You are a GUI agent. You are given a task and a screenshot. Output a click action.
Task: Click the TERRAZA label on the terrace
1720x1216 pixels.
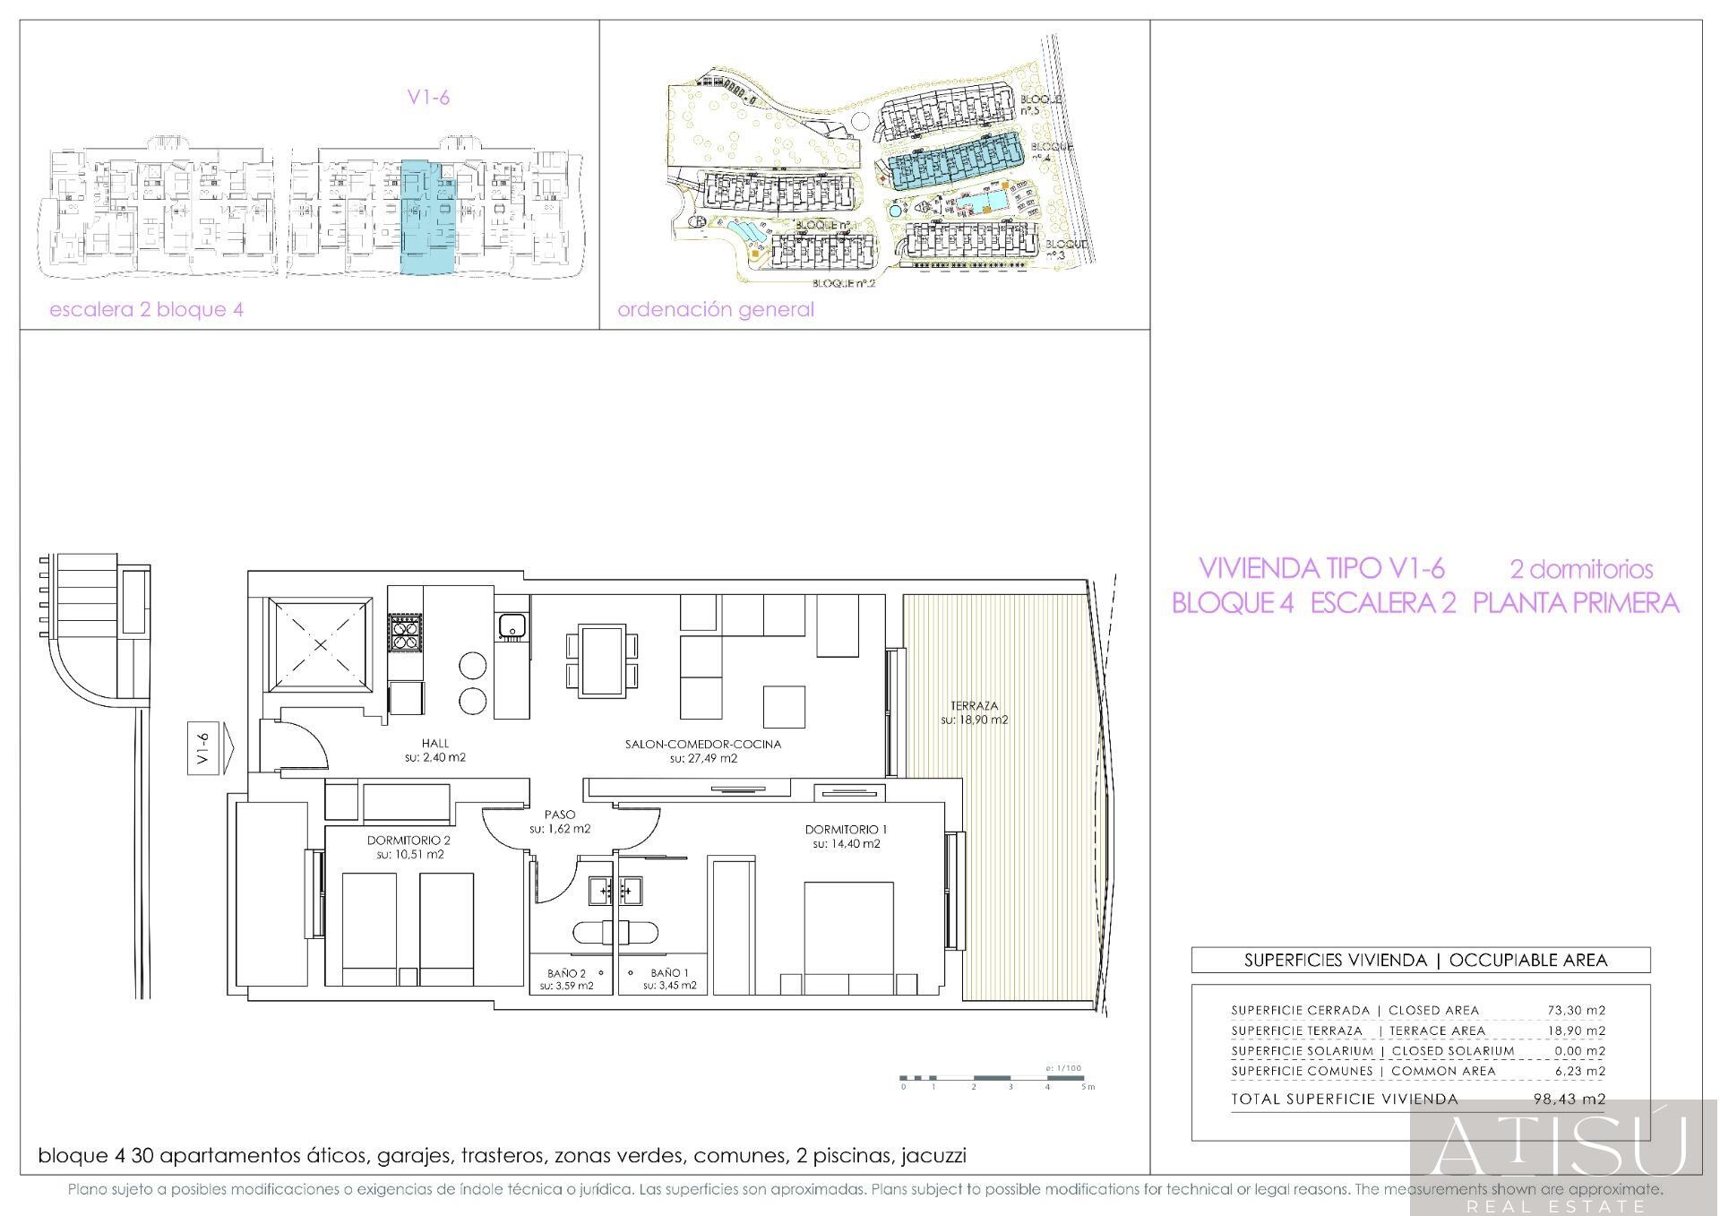(x=974, y=705)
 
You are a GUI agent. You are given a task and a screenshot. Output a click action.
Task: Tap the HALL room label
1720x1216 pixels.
(x=434, y=743)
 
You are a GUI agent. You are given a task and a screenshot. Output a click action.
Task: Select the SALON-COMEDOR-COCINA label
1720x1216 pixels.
(x=702, y=744)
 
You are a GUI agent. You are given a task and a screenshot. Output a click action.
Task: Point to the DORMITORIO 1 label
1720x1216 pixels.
(x=846, y=829)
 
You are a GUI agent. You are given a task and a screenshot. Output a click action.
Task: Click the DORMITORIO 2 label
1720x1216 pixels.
(x=408, y=841)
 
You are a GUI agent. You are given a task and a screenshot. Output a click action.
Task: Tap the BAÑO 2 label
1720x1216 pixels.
(x=566, y=972)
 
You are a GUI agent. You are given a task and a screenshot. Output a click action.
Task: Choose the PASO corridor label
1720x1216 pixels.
(x=560, y=815)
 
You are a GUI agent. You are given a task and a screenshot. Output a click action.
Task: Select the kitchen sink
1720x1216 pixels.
(x=512, y=625)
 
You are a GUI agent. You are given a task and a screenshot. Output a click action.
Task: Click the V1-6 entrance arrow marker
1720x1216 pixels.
(x=211, y=746)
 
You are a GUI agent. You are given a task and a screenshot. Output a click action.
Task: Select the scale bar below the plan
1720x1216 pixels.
(x=995, y=1078)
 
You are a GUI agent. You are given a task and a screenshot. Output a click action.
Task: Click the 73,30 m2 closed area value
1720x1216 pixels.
(x=1576, y=1010)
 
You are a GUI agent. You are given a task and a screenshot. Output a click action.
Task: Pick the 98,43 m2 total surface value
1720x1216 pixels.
(x=1569, y=1099)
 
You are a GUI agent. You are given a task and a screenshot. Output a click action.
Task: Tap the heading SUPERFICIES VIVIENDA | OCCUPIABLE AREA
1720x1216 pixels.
(x=1420, y=960)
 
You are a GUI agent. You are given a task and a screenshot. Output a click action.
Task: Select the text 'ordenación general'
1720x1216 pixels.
(x=716, y=310)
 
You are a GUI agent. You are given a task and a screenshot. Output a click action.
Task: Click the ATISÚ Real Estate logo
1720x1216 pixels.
(x=1563, y=1156)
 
